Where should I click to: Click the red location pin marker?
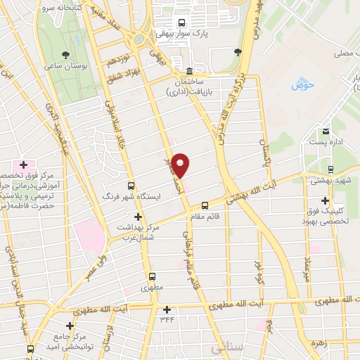181,165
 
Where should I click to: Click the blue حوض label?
302,85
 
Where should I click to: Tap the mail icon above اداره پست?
326,131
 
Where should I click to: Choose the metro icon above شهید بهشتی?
330,169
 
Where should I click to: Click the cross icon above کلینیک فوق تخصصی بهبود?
325,200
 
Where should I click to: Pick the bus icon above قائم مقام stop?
205,206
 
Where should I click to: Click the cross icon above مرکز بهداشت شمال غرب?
138,217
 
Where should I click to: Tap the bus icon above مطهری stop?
151,276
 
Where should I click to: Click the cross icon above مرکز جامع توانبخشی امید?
70,326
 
